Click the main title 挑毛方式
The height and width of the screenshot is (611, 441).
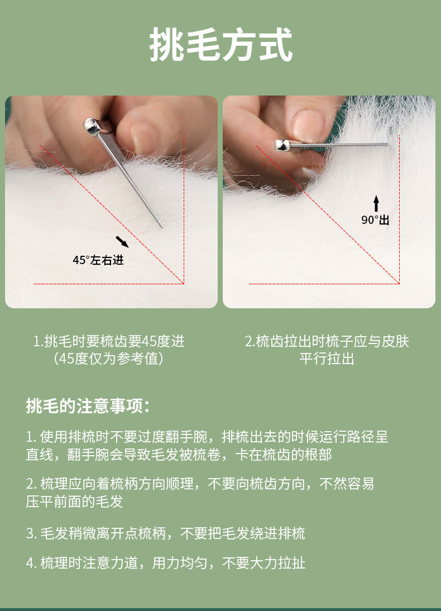pos(220,45)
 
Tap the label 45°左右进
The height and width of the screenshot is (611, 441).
pos(98,260)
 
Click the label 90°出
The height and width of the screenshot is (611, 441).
pos(375,220)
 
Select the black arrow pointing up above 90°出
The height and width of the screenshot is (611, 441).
pos(376,203)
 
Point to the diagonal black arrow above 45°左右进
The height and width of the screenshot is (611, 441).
pos(122,242)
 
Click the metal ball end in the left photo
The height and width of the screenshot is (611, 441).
pos(91,127)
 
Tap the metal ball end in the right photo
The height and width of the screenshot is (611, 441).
pos(282,145)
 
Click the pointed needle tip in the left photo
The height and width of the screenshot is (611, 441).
pos(161,226)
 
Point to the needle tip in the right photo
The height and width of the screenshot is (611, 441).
pos(387,144)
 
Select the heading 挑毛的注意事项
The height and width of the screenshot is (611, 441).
pos(88,405)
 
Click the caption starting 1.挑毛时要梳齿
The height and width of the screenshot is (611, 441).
pos(109,341)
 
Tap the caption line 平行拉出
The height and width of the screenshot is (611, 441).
pos(327,359)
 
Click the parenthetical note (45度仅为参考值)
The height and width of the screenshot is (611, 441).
pos(109,359)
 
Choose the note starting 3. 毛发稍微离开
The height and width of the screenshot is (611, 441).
pos(166,533)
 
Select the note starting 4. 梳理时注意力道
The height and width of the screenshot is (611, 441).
pos(166,562)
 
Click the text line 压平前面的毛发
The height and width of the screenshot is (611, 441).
pos(74,501)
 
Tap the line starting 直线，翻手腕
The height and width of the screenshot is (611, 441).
pos(179,455)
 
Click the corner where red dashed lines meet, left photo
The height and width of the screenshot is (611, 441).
pos(184,284)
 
